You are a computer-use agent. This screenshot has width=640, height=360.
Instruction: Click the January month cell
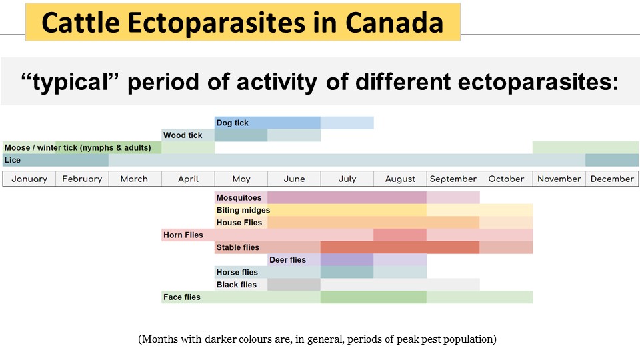point(29,179)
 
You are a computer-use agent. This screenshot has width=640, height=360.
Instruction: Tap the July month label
point(347,179)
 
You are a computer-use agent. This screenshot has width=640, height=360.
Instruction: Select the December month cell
point(612,179)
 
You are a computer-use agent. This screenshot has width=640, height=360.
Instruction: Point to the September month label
point(453,179)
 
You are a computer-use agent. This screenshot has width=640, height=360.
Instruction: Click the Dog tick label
point(233,123)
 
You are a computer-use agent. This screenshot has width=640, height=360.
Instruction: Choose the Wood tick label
point(183,135)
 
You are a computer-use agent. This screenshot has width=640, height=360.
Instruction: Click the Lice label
point(13,160)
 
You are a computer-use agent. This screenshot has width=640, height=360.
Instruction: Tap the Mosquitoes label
point(239,197)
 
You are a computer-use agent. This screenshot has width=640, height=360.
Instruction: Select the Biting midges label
point(243,210)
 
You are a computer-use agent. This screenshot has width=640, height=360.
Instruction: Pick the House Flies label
point(239,223)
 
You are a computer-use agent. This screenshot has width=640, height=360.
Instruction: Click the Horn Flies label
point(183,235)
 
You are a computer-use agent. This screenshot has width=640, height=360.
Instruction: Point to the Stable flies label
point(238,247)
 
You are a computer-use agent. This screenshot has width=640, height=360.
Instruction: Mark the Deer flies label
point(288,260)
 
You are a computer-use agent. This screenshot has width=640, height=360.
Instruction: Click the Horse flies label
point(237,272)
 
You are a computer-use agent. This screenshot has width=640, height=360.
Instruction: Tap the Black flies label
point(237,285)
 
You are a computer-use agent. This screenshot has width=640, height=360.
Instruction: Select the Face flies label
point(182,297)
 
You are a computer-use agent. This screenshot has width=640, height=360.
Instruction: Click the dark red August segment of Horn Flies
point(400,235)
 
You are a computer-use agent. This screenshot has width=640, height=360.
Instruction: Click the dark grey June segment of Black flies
point(294,285)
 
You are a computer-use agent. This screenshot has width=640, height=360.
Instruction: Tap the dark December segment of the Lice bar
point(612,160)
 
